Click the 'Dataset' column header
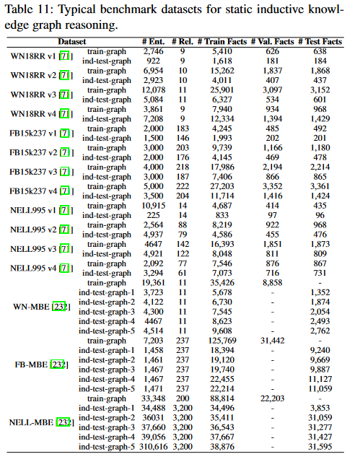72,43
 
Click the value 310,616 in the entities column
151,447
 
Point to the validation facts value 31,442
271,339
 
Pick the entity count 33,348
153,398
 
